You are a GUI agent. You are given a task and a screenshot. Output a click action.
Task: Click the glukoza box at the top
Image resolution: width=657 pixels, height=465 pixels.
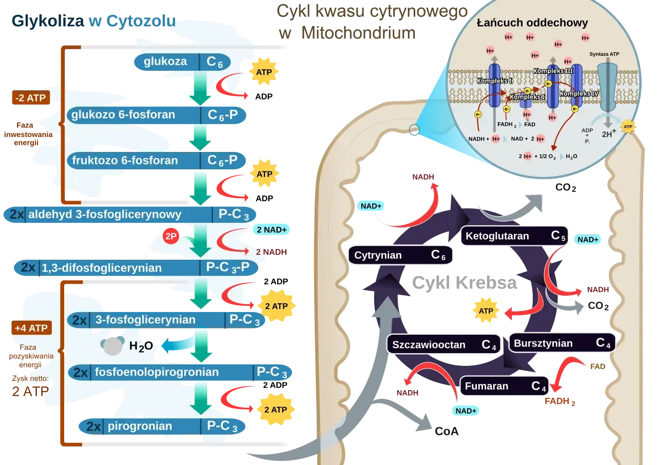(182, 62)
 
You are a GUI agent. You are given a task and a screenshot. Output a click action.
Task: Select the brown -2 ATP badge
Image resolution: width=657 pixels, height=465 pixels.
(31, 98)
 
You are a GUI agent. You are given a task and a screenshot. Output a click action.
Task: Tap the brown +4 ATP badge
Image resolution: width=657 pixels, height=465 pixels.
(32, 328)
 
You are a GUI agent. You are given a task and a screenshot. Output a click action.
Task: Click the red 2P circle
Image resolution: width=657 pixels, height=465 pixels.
(171, 236)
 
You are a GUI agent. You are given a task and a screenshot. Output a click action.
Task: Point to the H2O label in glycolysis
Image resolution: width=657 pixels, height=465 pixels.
(141, 346)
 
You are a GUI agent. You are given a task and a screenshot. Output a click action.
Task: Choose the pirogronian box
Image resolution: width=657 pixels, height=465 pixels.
(162, 427)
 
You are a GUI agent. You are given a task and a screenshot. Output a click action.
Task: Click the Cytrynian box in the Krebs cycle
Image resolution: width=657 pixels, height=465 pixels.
(400, 255)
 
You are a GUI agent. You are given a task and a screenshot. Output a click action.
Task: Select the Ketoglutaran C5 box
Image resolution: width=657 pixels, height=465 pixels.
(514, 236)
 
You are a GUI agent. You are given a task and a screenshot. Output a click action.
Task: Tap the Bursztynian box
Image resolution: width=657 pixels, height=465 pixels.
(562, 343)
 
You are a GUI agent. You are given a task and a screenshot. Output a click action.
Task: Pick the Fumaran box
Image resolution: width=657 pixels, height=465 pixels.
(504, 386)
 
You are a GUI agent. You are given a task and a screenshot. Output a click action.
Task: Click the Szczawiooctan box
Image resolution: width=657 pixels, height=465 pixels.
(443, 344)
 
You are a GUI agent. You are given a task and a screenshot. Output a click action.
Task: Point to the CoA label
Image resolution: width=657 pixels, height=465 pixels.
(447, 431)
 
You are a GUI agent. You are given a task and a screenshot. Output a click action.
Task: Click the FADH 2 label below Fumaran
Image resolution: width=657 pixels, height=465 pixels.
(559, 401)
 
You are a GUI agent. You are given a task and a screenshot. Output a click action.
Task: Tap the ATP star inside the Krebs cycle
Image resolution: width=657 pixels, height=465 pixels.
(486, 311)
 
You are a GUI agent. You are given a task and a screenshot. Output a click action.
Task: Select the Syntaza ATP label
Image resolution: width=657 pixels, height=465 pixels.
(604, 54)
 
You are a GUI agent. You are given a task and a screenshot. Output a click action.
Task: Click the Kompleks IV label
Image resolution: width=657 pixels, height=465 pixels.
(579, 93)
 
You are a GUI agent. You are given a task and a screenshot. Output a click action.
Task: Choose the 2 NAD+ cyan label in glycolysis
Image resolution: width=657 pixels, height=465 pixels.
(272, 229)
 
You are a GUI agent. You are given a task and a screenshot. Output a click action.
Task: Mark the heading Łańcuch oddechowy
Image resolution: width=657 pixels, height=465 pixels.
(532, 23)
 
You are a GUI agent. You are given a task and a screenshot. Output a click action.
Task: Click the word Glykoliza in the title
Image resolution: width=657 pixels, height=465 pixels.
(48, 22)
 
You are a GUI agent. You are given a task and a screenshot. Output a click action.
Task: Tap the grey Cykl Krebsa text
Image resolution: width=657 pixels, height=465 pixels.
(465, 283)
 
